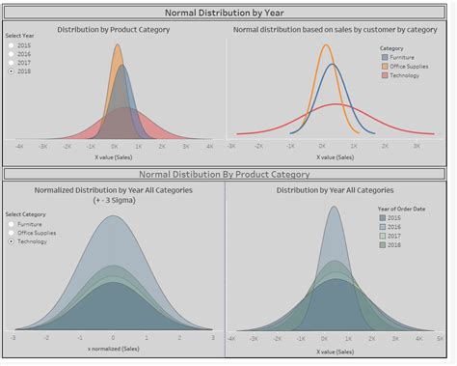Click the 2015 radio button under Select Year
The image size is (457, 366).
(x=12, y=45)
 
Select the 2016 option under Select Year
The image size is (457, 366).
(x=12, y=54)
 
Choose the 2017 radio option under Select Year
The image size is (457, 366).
(x=12, y=63)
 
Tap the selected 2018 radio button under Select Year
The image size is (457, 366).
(x=12, y=71)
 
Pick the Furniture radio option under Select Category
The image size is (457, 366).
(x=12, y=224)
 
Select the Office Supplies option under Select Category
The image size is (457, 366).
(x=12, y=233)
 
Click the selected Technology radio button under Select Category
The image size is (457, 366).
(x=12, y=241)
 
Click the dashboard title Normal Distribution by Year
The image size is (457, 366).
(x=228, y=13)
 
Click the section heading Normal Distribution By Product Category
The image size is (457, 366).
(x=225, y=175)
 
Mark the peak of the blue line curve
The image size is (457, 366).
(x=333, y=64)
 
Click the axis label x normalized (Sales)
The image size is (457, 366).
(x=113, y=346)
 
